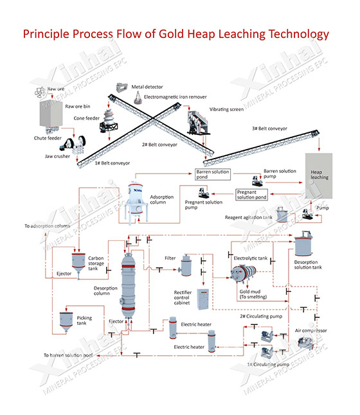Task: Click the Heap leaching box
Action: click(x=319, y=173)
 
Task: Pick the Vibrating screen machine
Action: click(x=198, y=122)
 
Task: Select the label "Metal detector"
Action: click(x=147, y=86)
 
